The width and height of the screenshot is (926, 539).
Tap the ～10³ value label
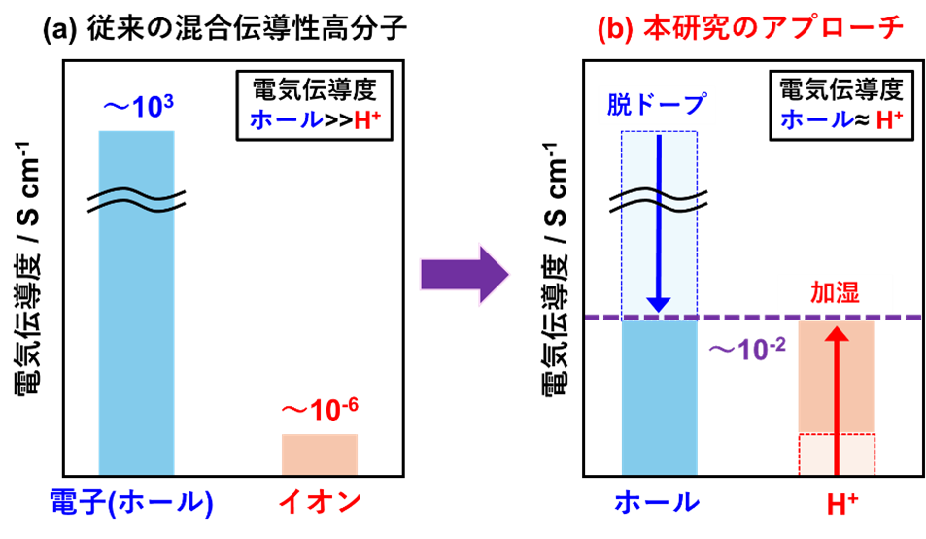pos(138,108)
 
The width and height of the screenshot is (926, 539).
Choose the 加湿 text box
pos(835,292)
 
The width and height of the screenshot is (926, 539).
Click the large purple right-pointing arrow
pos(464,275)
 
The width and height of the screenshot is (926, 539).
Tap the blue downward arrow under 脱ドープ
pos(659,223)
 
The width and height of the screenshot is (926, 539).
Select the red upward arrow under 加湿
pos(837,398)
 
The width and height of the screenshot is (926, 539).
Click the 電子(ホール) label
pos(131,502)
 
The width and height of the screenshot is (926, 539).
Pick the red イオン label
pos(320,502)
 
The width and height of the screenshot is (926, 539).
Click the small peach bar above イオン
pos(320,454)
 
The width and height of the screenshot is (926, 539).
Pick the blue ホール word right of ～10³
pos(287,120)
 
